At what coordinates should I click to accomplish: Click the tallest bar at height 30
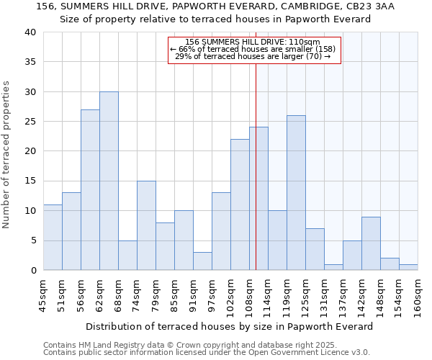(109, 181)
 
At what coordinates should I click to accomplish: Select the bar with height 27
(90, 190)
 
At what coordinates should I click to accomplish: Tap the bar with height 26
(296, 193)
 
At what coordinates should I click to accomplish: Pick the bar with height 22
(240, 204)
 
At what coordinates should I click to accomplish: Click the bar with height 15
(146, 225)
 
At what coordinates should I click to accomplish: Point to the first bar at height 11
(53, 238)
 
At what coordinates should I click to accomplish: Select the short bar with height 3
(202, 261)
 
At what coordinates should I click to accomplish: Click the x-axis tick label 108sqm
(249, 295)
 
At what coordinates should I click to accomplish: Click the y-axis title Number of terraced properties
(6, 154)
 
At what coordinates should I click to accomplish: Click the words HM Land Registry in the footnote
(112, 345)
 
